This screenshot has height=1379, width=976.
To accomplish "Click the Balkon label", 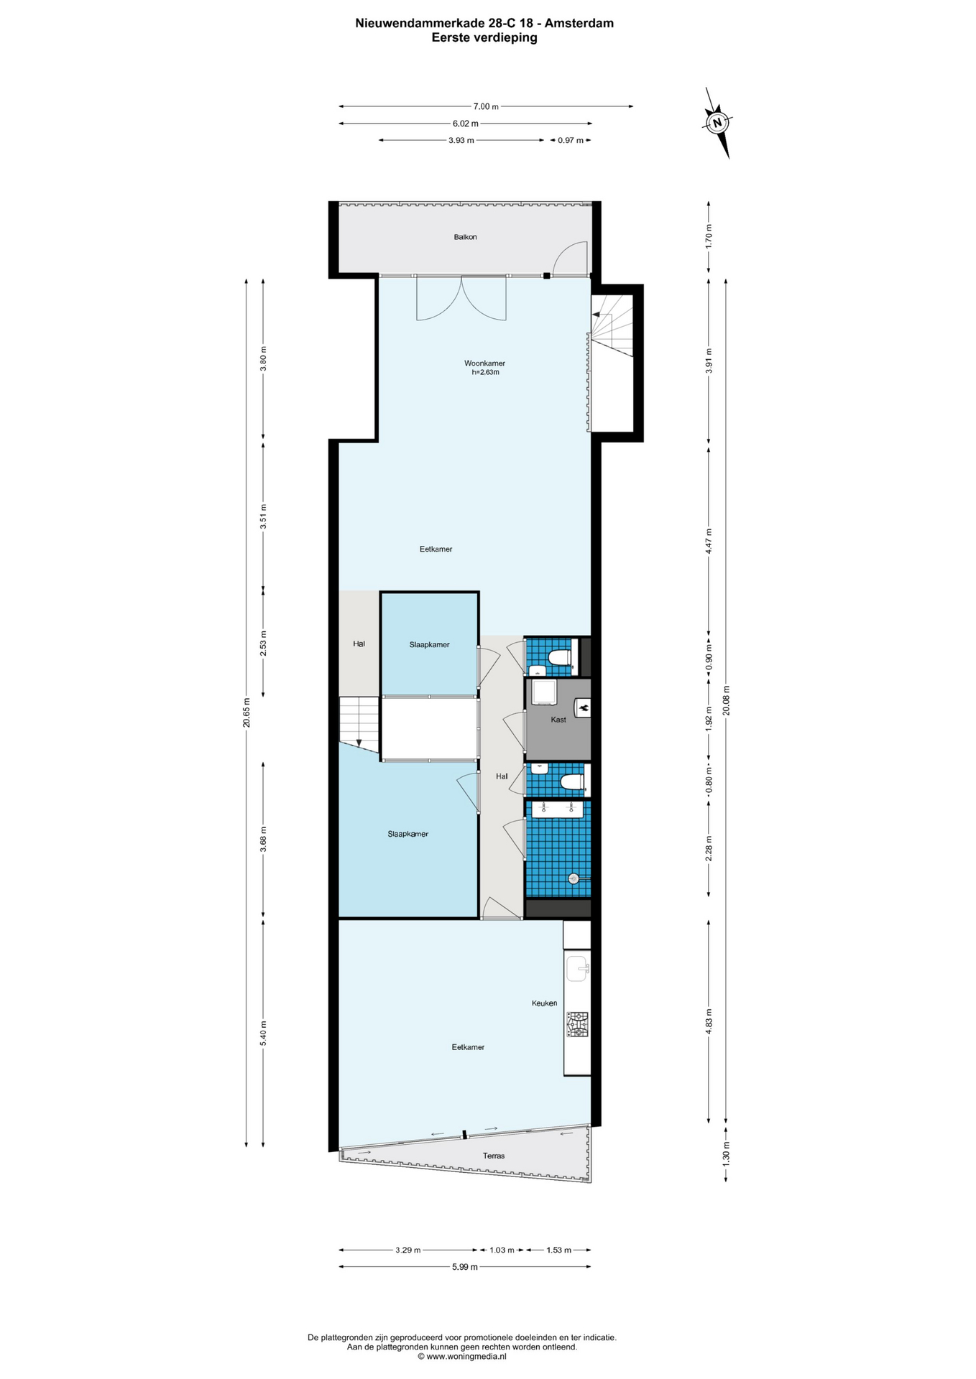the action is pos(465,237).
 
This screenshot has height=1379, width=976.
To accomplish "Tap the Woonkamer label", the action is pos(484,363).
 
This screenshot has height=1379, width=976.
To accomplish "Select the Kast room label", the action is pos(558,720).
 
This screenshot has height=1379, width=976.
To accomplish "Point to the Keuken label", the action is pos(544,1003).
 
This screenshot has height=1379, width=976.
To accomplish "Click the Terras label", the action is pos(494,1156).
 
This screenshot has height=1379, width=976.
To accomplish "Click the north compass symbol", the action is pos(717,123).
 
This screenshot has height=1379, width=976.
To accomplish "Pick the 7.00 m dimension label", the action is pos(486,106).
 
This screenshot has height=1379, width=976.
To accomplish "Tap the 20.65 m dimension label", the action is pos(247,712).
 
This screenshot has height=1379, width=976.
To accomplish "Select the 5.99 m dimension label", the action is pos(465,1267).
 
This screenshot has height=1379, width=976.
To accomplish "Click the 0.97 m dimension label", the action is pos(571,140).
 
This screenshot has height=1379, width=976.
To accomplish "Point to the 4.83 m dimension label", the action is pos(709,1021).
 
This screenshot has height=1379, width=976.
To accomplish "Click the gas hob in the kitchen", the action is pos(577,1024).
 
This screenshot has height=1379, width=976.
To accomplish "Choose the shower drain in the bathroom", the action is pos(574,878).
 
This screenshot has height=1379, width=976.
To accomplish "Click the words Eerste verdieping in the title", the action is pos(484,38).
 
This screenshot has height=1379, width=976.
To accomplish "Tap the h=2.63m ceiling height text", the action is pos(485,373).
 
